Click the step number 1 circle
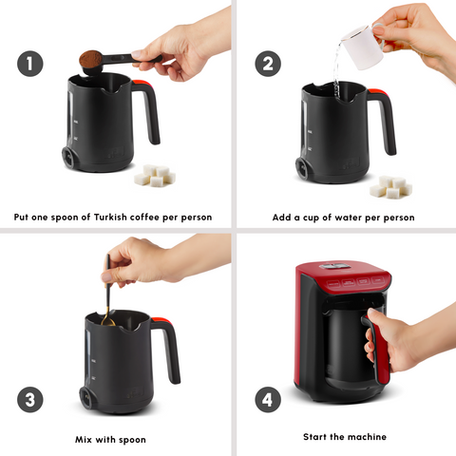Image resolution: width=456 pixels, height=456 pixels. click(x=29, y=64)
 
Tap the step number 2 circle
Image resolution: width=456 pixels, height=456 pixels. click(x=269, y=64)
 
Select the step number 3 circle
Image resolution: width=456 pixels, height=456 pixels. click(x=29, y=400)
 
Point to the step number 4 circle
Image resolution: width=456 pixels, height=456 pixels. click(x=269, y=400)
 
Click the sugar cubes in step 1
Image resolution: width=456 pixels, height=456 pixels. click(x=153, y=175)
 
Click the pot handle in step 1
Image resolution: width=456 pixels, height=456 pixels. click(x=147, y=112)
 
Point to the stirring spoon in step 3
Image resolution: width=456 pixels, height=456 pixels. click(x=108, y=294)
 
